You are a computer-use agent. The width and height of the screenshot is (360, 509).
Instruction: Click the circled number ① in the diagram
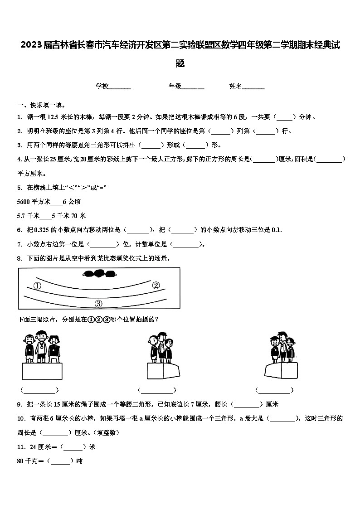(37, 286)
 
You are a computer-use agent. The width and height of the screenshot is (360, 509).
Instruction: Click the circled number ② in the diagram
(156, 285)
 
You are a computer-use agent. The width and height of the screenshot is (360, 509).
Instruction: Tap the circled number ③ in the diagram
(98, 304)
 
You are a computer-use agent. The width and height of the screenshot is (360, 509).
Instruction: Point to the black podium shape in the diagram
(98, 273)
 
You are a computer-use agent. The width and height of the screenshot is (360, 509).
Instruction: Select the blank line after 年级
(193, 86)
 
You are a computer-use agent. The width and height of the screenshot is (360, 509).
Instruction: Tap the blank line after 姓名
(253, 86)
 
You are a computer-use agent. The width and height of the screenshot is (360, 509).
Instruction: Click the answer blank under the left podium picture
(39, 390)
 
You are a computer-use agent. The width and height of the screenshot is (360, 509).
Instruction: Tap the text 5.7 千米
(28, 216)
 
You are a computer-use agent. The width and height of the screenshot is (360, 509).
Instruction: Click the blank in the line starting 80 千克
(60, 461)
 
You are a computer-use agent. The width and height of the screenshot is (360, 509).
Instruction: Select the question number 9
(19, 404)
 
